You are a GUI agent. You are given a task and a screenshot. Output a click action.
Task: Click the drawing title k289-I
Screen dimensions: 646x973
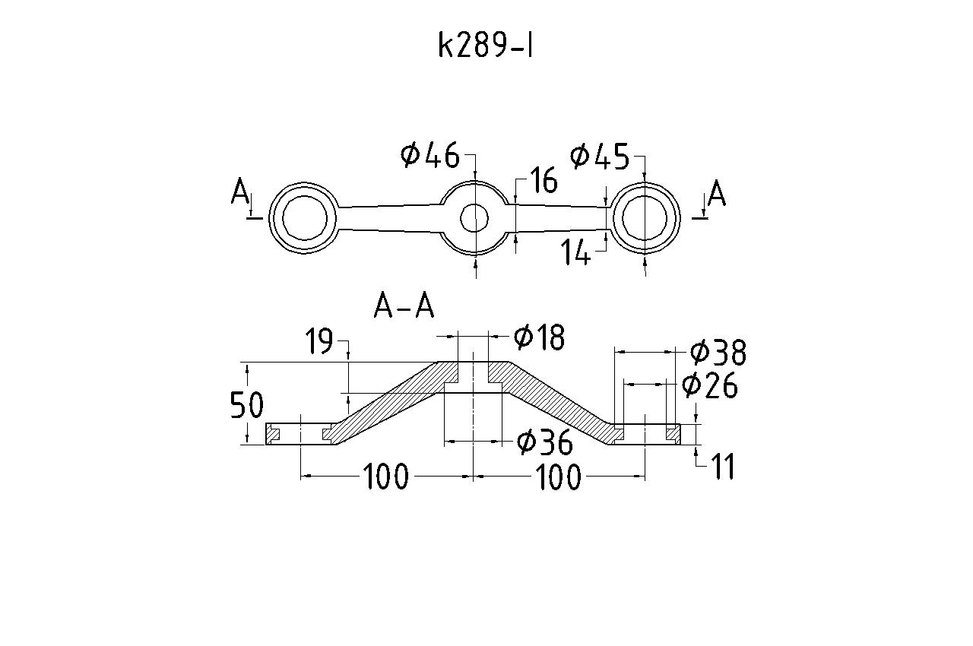486,46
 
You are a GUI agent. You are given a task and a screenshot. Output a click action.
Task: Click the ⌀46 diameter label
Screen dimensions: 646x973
430,156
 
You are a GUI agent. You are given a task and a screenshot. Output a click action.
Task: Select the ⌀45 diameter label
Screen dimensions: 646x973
600,157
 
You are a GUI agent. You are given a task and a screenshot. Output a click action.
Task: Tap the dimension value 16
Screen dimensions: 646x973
544,182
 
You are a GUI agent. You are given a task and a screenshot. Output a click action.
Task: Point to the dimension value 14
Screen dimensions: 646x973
575,253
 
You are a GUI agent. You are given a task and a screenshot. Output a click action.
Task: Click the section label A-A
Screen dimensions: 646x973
404,307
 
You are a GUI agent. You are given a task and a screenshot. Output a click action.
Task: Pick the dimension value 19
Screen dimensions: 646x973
319,342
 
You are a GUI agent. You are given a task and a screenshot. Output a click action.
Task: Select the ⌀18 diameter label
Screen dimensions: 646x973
540,337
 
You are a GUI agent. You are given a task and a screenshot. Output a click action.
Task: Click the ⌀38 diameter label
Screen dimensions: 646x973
718,353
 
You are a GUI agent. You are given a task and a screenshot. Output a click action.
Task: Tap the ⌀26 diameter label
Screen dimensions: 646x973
710,386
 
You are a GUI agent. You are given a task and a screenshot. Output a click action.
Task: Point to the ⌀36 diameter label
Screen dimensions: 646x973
545,442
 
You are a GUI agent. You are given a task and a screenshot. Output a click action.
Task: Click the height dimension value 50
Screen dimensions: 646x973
247,407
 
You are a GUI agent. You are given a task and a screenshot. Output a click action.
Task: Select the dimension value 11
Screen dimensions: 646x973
722,467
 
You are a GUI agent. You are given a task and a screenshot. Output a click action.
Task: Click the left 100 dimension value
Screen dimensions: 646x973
386,478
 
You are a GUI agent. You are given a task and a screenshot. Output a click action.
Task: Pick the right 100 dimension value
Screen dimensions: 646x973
559,478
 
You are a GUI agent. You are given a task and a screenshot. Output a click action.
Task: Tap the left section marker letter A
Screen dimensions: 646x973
241,193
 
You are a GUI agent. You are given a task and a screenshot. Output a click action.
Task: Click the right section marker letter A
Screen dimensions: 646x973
716,195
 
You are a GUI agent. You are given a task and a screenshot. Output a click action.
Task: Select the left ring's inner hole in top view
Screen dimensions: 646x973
305,219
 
